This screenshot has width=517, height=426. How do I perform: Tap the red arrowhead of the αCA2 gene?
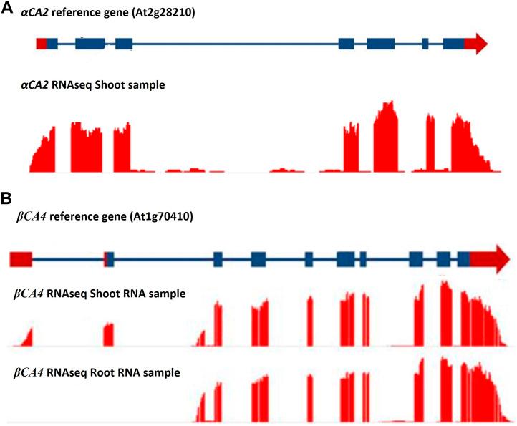pyautogui.click(x=477, y=44)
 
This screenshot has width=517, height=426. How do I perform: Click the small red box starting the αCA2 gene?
pyautogui.click(x=41, y=44)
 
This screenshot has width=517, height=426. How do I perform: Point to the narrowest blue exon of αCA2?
pyautogui.click(x=425, y=44)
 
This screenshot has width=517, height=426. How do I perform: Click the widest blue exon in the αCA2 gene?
pyautogui.click(x=90, y=44)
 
